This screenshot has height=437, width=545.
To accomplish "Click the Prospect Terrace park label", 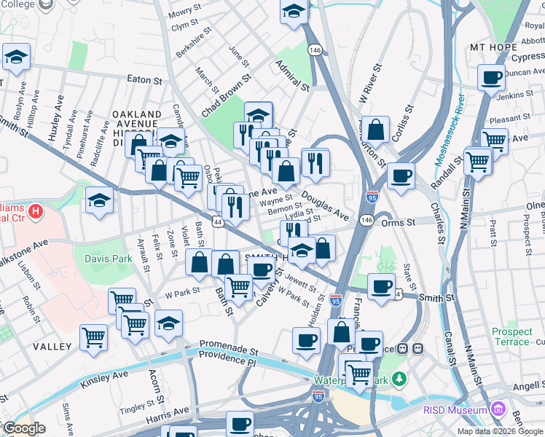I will pos(511,336).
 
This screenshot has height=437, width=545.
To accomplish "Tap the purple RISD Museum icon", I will pos(498,410).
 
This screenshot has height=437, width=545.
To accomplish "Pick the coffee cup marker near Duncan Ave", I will pos(491,76).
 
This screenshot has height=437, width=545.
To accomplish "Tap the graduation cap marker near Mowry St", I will pos(294,12).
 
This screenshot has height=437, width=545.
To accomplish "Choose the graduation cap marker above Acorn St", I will pos(168,323).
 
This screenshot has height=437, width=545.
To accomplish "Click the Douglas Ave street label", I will pos(325,207).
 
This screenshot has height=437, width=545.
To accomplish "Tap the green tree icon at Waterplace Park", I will pos(399,379).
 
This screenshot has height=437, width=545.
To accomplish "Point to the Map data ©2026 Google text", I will pos(500,431).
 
